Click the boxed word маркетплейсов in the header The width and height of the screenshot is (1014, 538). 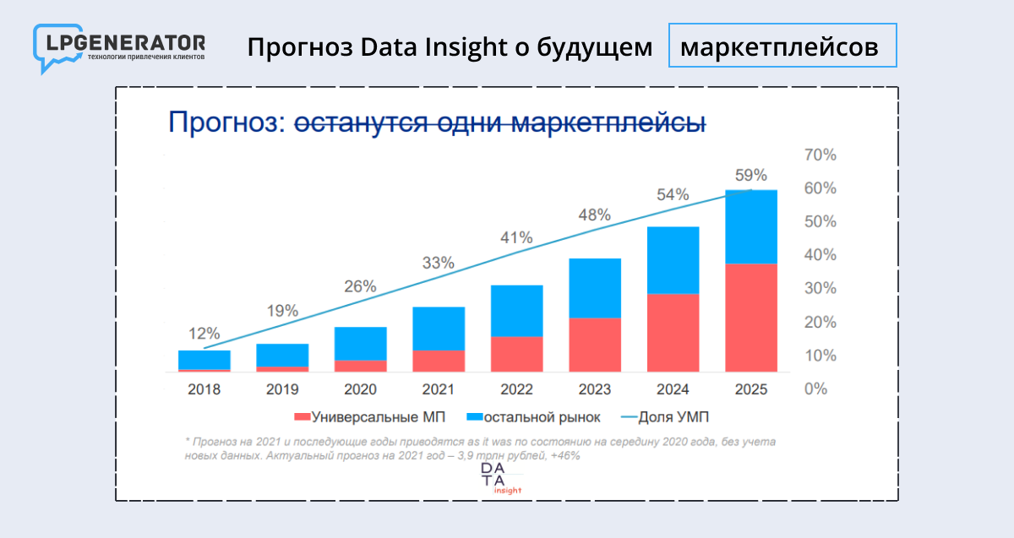[x=782, y=47]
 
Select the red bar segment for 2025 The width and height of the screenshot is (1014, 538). [x=751, y=318]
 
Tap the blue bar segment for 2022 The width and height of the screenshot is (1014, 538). [x=516, y=311]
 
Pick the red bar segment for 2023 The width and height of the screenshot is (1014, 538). [x=595, y=345]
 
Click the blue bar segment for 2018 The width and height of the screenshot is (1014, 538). [x=204, y=360]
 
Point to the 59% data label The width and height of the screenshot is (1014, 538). [x=750, y=176]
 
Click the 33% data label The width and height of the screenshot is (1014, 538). [x=438, y=263]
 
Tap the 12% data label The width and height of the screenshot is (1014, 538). [x=204, y=333]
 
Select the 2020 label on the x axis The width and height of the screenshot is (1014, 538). [x=360, y=389]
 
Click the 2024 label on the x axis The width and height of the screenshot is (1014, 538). [x=673, y=389]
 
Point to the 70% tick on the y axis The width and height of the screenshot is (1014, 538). [x=819, y=155]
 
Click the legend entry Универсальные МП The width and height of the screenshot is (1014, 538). [x=368, y=416]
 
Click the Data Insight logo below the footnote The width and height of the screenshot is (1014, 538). [x=501, y=478]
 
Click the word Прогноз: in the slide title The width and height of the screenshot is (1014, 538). [x=226, y=122]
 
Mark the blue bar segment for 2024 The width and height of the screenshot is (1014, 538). [x=673, y=260]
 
